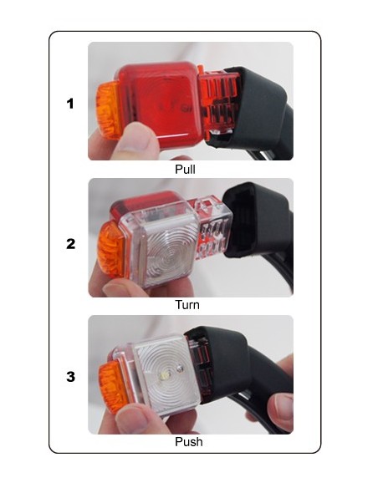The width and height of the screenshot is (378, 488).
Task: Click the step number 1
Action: [70, 104]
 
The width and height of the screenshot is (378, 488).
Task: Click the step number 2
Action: [71, 244]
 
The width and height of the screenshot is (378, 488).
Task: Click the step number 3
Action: [71, 377]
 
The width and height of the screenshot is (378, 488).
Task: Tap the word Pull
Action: [186, 170]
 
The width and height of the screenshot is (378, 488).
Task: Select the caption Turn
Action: [187, 304]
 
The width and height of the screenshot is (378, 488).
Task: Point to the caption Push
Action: [189, 442]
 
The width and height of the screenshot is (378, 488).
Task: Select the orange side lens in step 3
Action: [114, 387]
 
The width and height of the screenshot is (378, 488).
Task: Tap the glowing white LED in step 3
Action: [163, 375]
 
